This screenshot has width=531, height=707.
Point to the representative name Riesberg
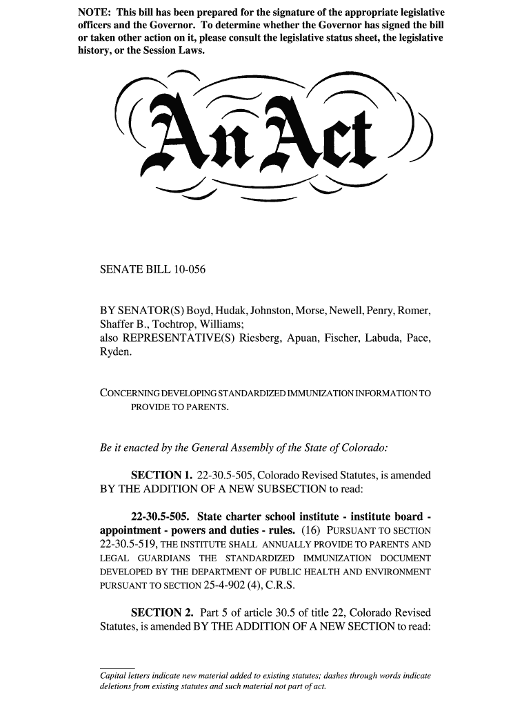pyautogui.click(x=263, y=338)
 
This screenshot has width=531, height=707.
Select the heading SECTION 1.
pyautogui.click(x=161, y=476)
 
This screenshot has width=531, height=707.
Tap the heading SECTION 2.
pyautogui.click(x=161, y=613)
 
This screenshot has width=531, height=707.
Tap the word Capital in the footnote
pyautogui.click(x=116, y=676)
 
